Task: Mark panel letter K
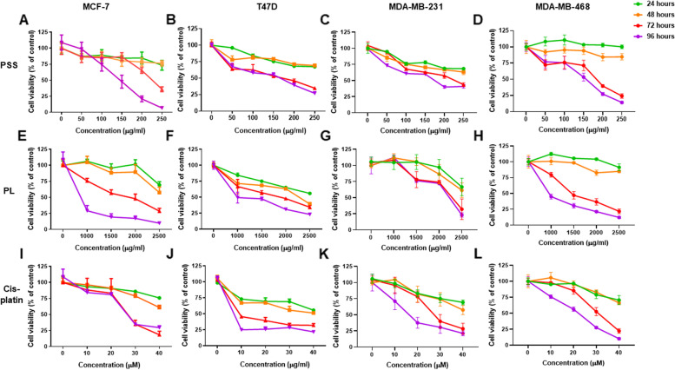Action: pos(345,265)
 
